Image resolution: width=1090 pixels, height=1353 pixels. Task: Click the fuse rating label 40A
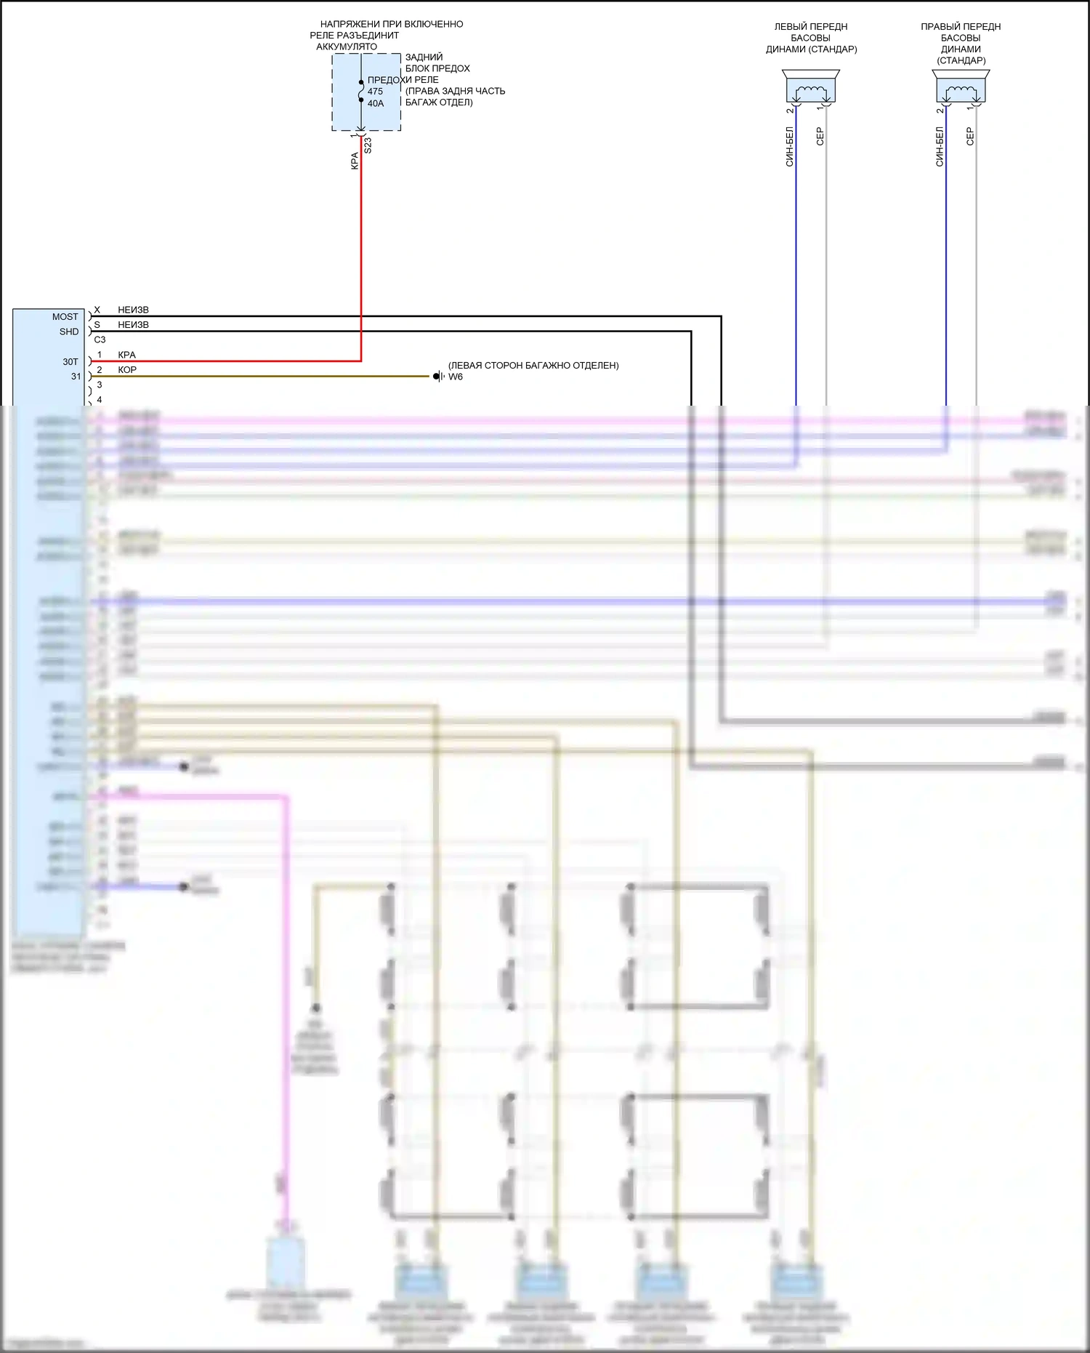click(x=376, y=103)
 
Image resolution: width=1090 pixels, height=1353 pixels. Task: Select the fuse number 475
click(x=375, y=92)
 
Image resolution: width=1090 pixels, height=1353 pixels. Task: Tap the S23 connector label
click(x=368, y=145)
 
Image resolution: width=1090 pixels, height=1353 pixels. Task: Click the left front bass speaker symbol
click(x=811, y=88)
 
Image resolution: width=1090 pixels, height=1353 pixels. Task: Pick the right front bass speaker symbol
click(x=961, y=88)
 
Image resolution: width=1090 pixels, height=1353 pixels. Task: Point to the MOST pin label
click(x=65, y=317)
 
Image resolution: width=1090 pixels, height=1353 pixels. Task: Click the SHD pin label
click(x=69, y=332)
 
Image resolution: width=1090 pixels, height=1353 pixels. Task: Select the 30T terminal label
click(x=70, y=361)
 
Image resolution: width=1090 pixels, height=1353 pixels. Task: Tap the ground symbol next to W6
click(x=438, y=377)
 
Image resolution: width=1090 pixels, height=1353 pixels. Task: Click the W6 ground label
click(x=456, y=377)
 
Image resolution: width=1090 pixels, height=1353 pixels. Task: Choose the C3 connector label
click(x=100, y=340)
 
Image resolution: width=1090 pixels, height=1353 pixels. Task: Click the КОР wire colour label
click(x=127, y=370)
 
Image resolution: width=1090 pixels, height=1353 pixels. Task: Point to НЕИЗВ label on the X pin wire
click(x=133, y=310)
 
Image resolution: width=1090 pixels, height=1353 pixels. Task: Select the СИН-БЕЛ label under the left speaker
click(x=790, y=147)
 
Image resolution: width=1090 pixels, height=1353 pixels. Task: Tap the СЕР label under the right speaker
click(x=970, y=137)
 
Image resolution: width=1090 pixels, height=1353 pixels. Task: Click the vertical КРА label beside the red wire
click(x=355, y=161)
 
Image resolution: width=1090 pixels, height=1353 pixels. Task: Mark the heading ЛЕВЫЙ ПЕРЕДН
click(x=811, y=27)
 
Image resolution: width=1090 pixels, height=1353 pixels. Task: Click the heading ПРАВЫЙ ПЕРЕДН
click(x=961, y=27)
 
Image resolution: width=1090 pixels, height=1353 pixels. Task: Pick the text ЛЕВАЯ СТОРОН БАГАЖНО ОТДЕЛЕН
click(x=533, y=366)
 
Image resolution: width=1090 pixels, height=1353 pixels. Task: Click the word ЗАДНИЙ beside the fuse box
click(x=424, y=57)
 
